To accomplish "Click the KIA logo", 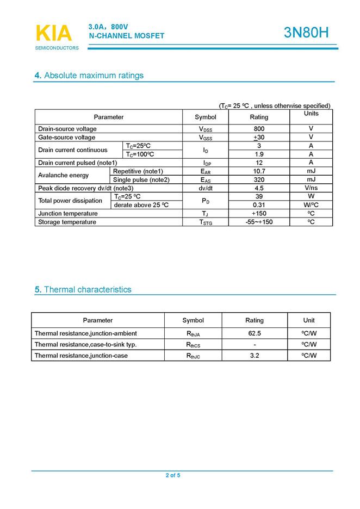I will click(54, 34).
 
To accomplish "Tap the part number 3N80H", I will click(306, 33).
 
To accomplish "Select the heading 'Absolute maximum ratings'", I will click(93, 76).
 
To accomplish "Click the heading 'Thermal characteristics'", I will click(87, 290).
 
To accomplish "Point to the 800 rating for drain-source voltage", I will click(259, 129).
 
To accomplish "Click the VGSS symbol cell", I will click(206, 138).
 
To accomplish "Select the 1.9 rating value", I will click(259, 154).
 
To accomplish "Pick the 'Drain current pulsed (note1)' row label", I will click(78, 163).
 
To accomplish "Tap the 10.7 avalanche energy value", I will click(259, 171).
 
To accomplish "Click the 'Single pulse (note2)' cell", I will click(141, 179).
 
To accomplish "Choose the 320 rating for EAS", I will click(259, 179).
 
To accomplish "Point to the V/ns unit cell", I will click(311, 188).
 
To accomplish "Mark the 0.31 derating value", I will click(259, 205).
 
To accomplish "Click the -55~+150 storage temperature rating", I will click(259, 222).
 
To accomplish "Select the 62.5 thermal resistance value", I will click(255, 333).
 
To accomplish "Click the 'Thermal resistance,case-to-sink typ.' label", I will click(85, 345).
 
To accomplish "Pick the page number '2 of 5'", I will click(173, 475).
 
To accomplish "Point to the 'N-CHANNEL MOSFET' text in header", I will click(126, 36).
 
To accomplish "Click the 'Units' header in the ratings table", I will click(311, 114).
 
